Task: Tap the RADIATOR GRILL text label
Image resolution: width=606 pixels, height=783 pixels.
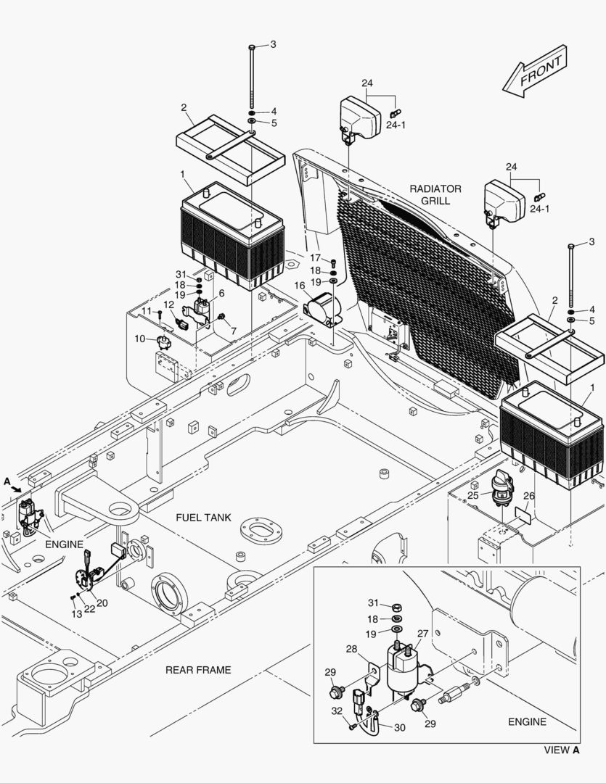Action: [435, 194]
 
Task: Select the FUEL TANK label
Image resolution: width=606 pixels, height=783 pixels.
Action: [204, 518]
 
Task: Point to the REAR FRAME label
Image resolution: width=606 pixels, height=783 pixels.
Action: [198, 670]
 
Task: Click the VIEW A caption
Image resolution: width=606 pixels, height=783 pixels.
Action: [562, 750]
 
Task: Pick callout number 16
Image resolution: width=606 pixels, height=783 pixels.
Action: [299, 286]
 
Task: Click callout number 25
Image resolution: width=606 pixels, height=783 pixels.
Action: [472, 495]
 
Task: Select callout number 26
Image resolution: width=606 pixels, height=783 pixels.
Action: [529, 496]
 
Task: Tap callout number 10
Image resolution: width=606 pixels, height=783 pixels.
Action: [139, 339]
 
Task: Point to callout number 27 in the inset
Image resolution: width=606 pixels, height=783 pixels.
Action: [422, 633]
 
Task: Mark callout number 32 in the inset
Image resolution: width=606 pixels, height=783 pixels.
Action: [336, 712]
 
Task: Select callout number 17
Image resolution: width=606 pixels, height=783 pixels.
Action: [314, 257]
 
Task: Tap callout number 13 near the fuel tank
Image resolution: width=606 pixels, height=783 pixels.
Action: [76, 614]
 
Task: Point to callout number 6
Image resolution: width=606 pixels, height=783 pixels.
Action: [221, 293]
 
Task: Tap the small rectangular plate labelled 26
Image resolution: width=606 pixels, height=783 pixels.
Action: [523, 515]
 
